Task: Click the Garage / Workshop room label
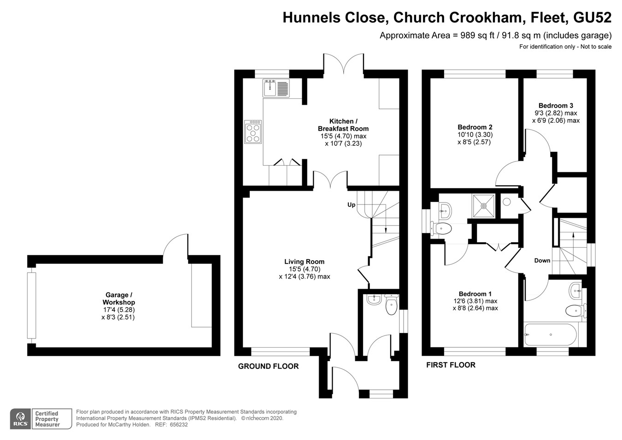coord(119,298)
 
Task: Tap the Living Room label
coord(304,262)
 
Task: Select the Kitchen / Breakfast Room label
coord(343,125)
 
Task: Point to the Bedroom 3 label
coord(556,106)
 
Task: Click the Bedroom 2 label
coord(475,127)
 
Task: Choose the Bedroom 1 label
coord(475,294)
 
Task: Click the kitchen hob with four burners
coord(253,132)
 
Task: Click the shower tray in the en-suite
coord(484,206)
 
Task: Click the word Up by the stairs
coord(352,205)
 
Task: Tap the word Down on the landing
coord(542,261)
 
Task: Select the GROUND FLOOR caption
coord(268,366)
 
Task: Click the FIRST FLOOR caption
coord(451,365)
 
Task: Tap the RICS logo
coord(20,419)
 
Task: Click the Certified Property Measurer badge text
coord(47,419)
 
